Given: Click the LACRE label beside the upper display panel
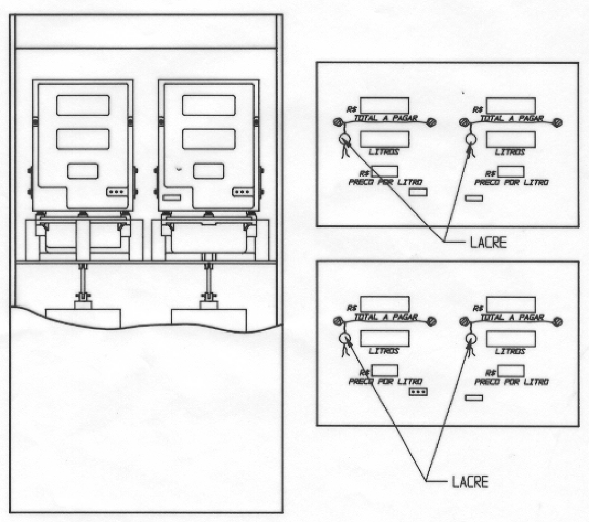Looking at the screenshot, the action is point(488,243).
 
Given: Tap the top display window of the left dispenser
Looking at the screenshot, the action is point(83,105).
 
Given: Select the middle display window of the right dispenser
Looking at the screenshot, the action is point(209,139).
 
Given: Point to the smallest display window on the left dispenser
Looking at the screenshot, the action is point(83,172).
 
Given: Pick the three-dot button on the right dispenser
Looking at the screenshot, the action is point(242,192).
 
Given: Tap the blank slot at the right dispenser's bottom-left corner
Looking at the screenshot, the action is point(171,197).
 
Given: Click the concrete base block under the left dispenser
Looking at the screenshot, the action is point(83,318).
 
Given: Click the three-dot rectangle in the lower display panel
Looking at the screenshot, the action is point(419,392).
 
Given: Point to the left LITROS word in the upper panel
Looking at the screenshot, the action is point(384,152).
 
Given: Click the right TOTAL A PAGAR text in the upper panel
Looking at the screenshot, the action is point(512,119).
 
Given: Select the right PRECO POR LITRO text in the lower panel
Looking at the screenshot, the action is point(512,382).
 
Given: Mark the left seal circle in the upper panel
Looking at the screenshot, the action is point(345,139).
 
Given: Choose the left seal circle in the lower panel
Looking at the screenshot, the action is point(345,338).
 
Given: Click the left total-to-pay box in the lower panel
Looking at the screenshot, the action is point(385,304).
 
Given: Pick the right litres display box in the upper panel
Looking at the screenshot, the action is point(511,139).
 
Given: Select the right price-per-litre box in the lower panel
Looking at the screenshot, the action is point(511,371).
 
